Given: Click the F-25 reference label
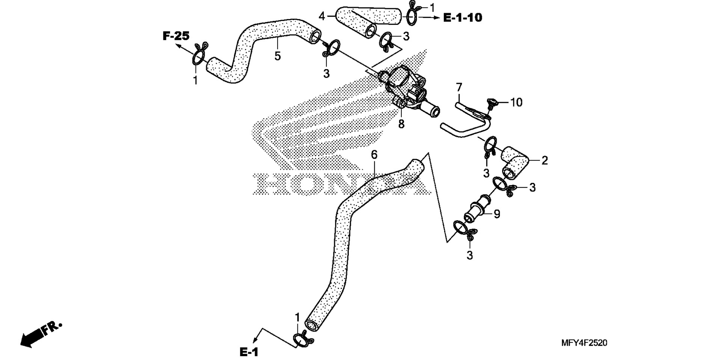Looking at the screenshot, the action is [x=176, y=36].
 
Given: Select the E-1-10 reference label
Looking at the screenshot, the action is [x=463, y=17].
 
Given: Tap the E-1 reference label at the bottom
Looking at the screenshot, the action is [x=249, y=352].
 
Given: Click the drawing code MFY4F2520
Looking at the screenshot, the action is [x=584, y=343].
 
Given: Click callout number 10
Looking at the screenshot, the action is [x=516, y=102].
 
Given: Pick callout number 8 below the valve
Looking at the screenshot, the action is [x=401, y=124].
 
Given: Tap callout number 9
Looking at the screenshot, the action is [x=497, y=214].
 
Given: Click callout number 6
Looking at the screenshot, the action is [x=374, y=155].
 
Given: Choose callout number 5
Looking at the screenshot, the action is [x=278, y=56].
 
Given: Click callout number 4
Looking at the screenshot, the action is [x=322, y=16].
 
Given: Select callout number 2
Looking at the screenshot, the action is [x=545, y=161].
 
